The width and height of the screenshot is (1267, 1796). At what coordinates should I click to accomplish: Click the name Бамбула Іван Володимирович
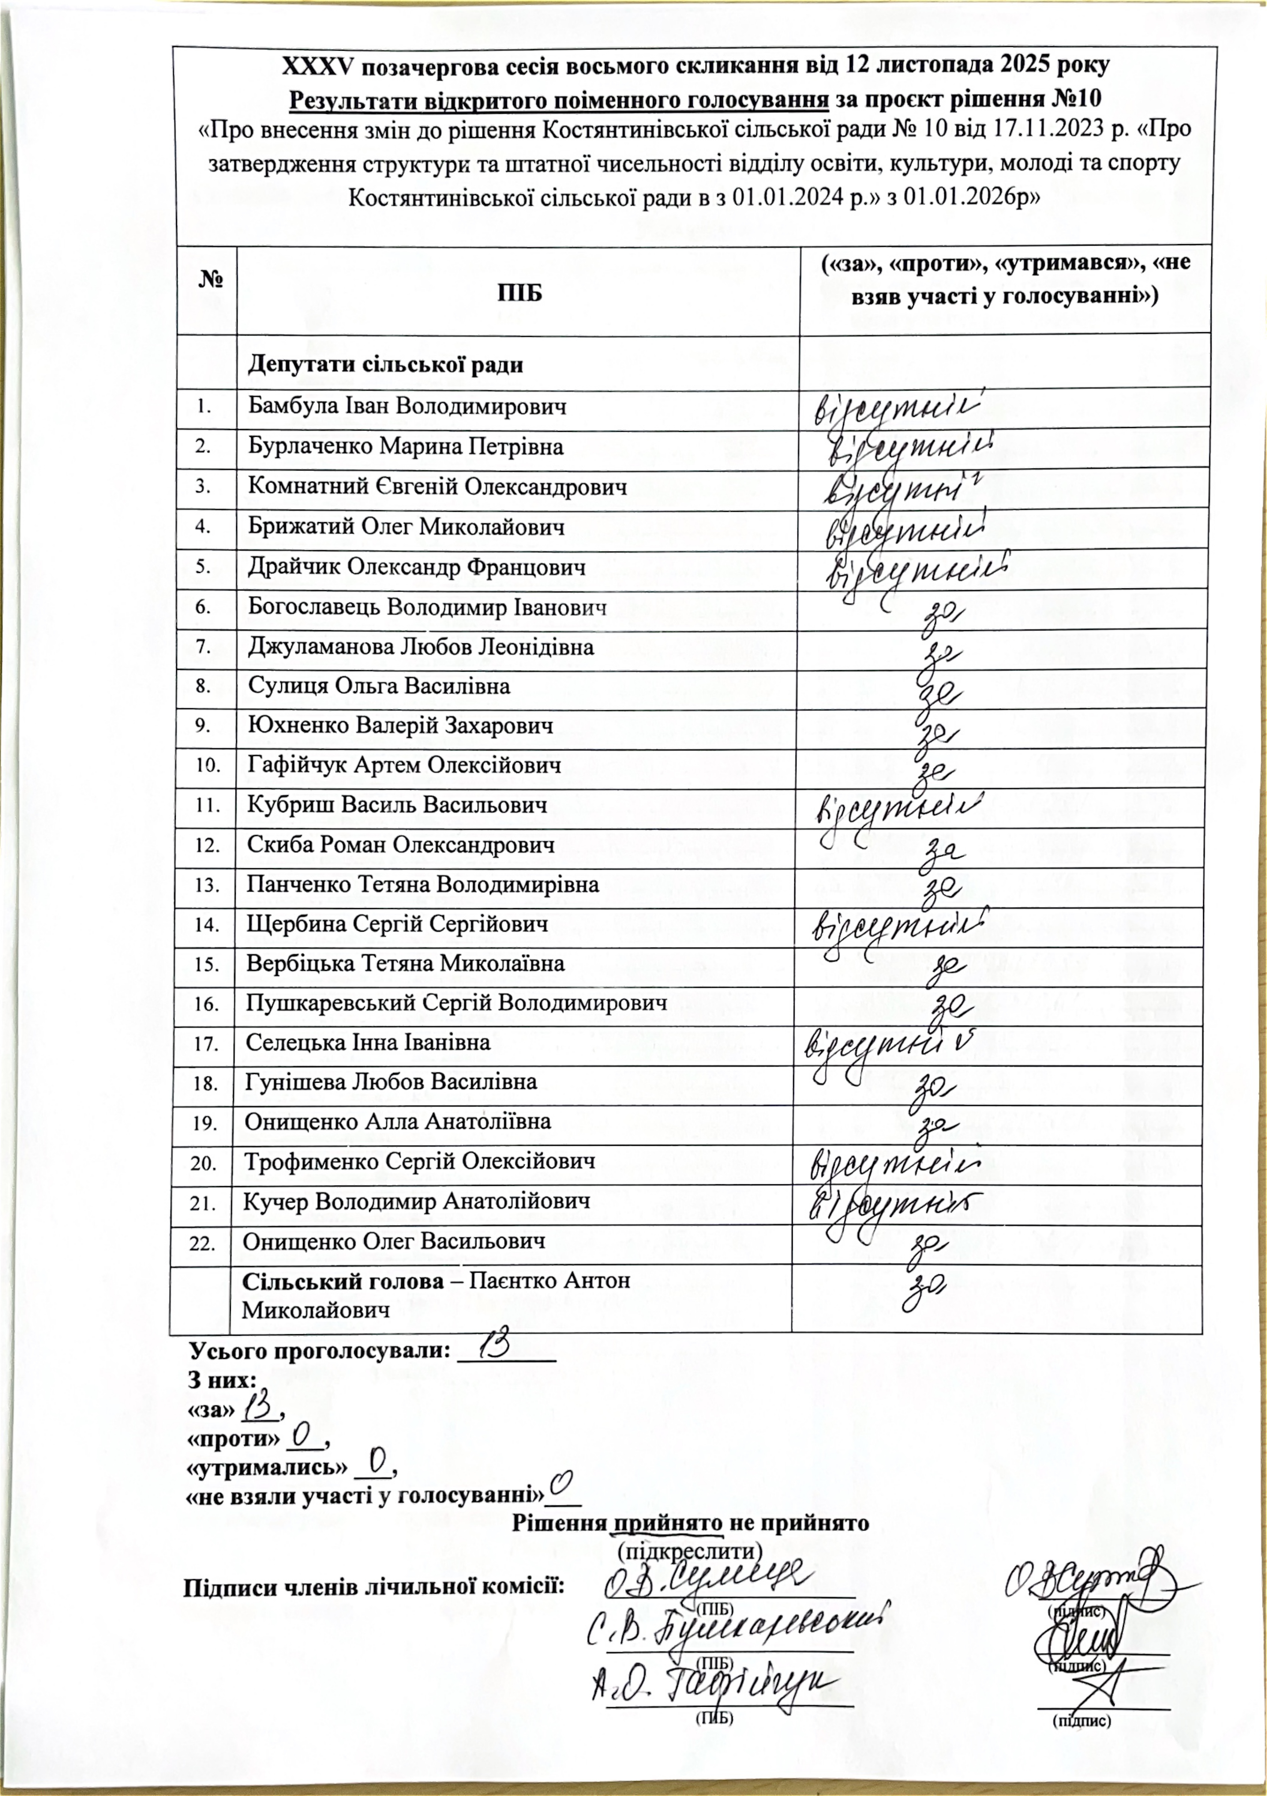[x=407, y=407]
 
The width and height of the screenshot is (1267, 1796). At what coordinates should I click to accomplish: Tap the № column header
[x=208, y=279]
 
